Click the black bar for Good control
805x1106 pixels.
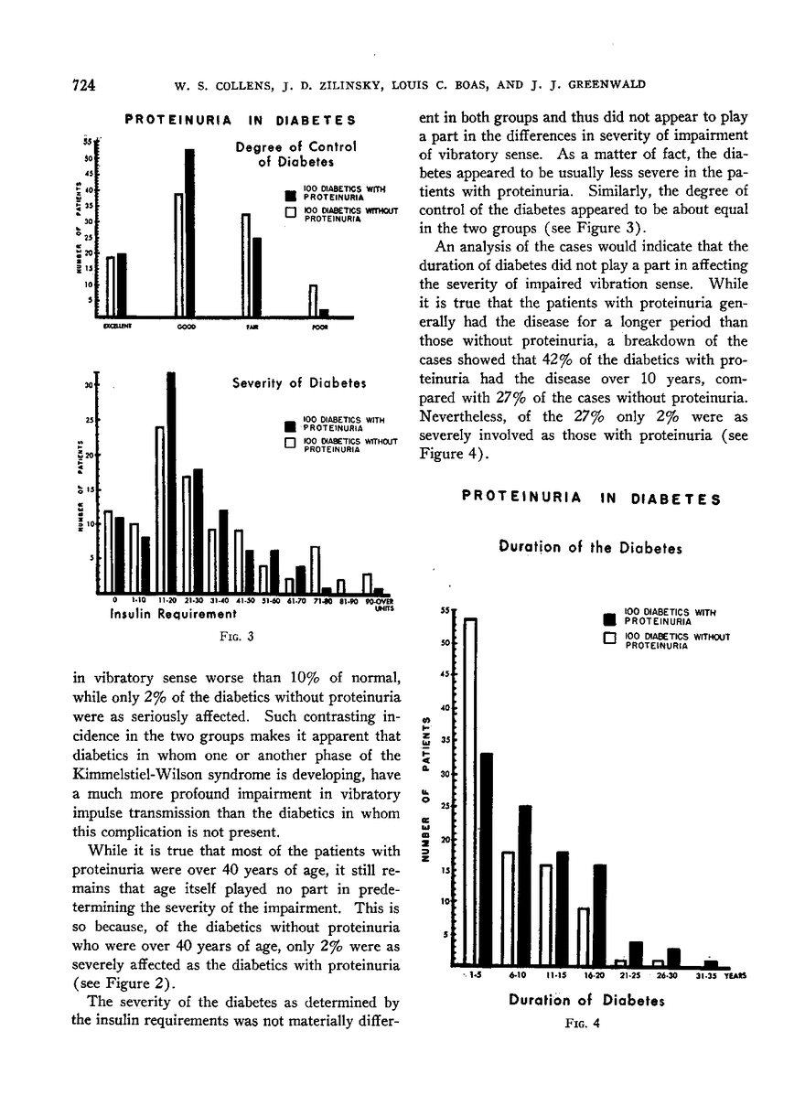click(190, 232)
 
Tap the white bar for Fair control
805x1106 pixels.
click(245, 264)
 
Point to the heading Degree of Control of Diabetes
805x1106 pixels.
click(282, 154)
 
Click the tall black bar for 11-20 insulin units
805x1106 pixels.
click(171, 482)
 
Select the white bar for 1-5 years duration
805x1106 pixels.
click(470, 792)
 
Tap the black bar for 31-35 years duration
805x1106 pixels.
click(711, 963)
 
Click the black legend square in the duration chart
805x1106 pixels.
click(607, 616)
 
